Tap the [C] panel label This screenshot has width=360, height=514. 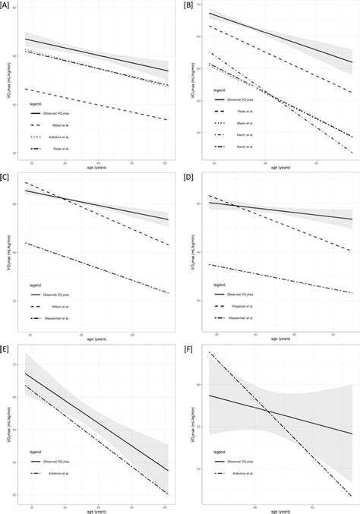6,177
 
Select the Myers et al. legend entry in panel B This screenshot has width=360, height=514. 242,123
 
